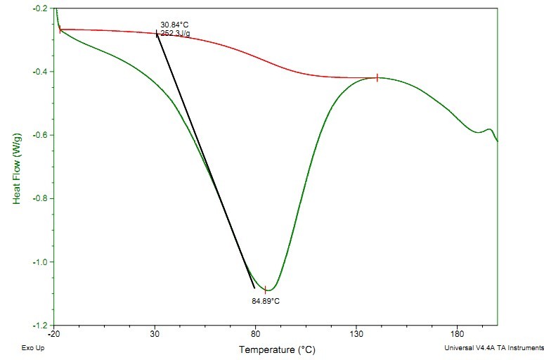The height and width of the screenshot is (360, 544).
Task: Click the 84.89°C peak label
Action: pyautogui.click(x=266, y=301)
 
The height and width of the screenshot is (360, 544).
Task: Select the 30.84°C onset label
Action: pyautogui.click(x=174, y=25)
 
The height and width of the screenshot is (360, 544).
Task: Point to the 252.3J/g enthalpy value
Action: pyautogui.click(x=174, y=33)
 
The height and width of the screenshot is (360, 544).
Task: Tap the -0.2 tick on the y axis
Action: pyautogui.click(x=41, y=8)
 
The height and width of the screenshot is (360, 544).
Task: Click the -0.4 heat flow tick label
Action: pyautogui.click(x=41, y=72)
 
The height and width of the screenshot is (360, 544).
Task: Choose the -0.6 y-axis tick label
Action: pyautogui.click(x=41, y=135)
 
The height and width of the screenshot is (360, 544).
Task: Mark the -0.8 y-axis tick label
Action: pyautogui.click(x=41, y=199)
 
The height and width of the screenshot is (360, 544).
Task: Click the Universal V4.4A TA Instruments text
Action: pyautogui.click(x=493, y=347)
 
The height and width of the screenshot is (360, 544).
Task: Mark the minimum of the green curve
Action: pyautogui.click(x=267, y=290)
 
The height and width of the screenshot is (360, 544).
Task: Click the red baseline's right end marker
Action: pyautogui.click(x=377, y=78)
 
